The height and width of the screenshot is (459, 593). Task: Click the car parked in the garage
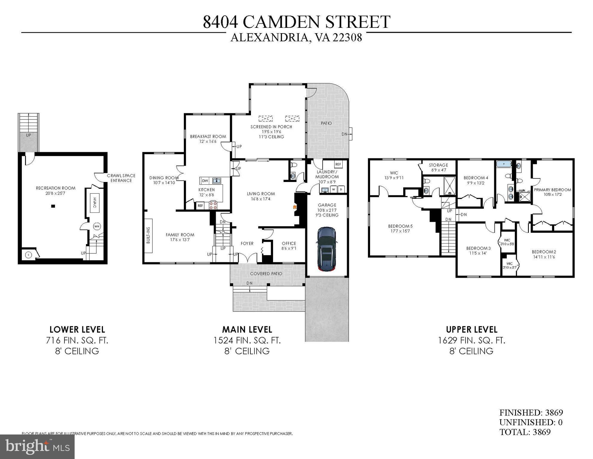[327, 249]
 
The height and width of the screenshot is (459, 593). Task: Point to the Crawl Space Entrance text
[121, 178]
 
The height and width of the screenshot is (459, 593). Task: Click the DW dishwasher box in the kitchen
[205, 181]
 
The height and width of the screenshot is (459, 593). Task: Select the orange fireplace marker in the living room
[294, 206]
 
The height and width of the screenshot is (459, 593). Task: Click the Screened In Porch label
[271, 127]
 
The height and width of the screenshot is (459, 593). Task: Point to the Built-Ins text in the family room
[148, 235]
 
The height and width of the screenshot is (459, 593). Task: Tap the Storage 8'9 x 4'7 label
[438, 167]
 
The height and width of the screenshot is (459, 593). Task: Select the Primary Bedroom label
[552, 190]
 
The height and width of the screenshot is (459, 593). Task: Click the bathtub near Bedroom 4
[504, 164]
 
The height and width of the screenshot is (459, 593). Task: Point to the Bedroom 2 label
[544, 252]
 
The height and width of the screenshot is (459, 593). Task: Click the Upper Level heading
[472, 330]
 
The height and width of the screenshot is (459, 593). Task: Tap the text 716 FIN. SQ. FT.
[77, 340]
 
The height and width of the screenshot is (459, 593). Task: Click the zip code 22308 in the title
[347, 38]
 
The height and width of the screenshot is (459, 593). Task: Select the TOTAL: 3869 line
[525, 432]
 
